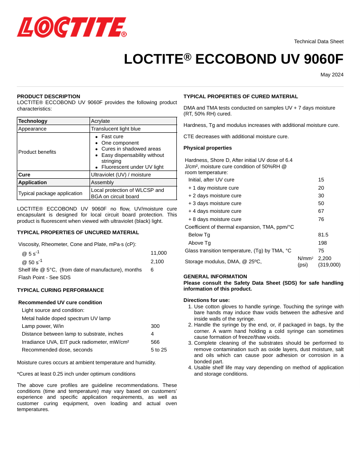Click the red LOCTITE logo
click(x=72, y=27)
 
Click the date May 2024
click(x=332, y=75)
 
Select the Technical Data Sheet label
click(x=319, y=41)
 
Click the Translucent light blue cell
click(x=116, y=129)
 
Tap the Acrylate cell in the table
click(x=100, y=121)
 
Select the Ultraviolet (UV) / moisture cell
click(x=121, y=174)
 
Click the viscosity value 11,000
click(x=159, y=253)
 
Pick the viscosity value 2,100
click(x=157, y=261)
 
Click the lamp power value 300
click(x=155, y=326)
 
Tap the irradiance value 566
click(x=155, y=342)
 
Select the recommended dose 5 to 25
click(x=159, y=350)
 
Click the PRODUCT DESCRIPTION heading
click(x=49, y=96)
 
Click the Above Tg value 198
click(x=323, y=243)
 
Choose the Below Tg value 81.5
click(x=323, y=235)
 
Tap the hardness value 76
click(x=321, y=219)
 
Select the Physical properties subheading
click(x=208, y=148)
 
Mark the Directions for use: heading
click(x=207, y=300)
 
